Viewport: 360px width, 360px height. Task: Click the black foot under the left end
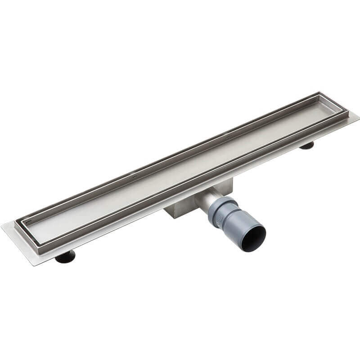click(65, 257)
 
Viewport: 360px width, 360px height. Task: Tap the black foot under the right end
click(307, 145)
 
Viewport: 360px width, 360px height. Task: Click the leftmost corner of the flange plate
click(2, 225)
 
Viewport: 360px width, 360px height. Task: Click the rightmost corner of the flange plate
click(359, 118)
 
